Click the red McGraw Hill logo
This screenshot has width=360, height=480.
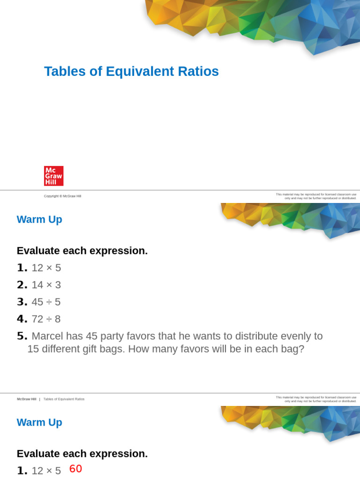click(53, 176)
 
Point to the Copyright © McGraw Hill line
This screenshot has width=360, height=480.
click(62, 196)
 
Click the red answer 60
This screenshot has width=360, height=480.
click(75, 469)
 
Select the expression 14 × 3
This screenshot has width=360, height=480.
click(46, 285)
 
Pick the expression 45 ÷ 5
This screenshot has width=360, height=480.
click(46, 302)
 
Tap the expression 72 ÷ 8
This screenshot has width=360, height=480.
click(46, 319)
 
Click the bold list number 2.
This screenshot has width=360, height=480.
click(22, 285)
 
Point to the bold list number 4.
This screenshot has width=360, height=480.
click(22, 319)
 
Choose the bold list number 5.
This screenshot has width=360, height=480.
click(22, 336)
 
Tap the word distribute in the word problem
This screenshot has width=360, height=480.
click(254, 336)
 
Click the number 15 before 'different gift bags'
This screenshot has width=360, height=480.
click(33, 349)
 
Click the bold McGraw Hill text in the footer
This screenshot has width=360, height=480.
click(26, 399)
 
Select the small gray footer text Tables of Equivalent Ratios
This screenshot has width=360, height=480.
click(64, 399)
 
